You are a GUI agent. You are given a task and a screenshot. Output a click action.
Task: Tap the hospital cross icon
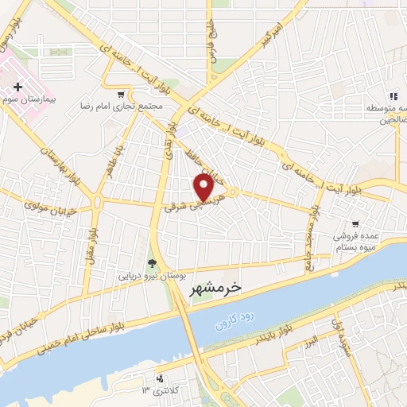(17, 85)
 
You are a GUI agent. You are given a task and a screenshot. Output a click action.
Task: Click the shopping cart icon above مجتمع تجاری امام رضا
(120, 93)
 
